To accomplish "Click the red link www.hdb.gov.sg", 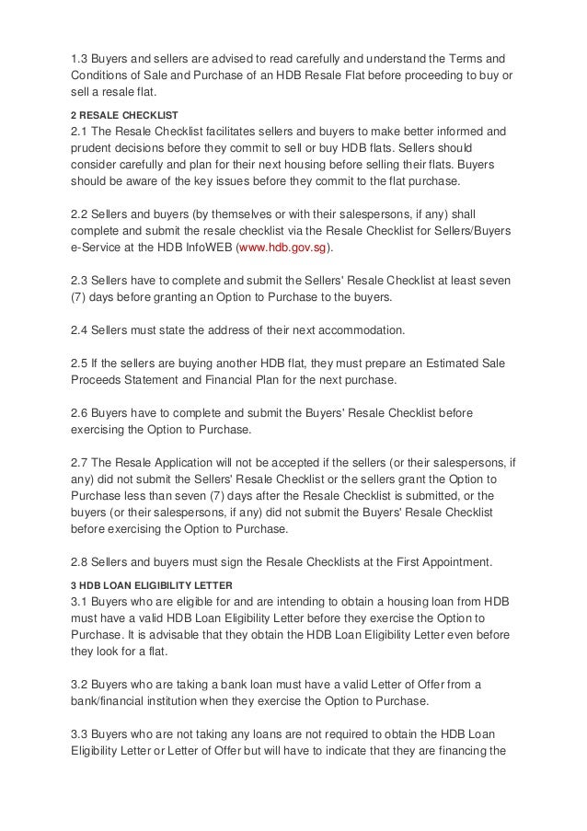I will (x=284, y=248).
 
